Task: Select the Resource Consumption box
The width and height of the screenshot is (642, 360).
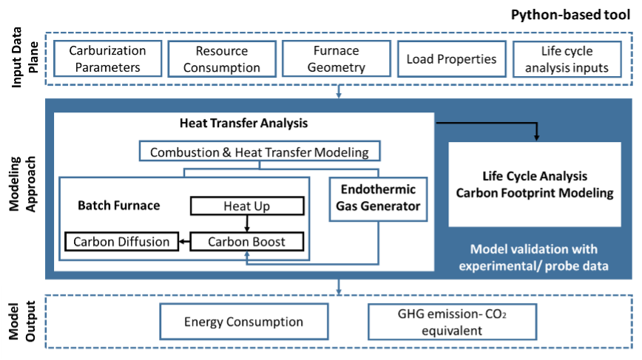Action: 221,59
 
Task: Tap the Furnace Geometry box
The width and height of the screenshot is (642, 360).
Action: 336,59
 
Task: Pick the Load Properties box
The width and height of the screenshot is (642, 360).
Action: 450,59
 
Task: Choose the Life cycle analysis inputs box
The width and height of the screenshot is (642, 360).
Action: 564,59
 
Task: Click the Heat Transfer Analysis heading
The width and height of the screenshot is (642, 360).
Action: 243,123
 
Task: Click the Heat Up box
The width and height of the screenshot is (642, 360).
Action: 246,206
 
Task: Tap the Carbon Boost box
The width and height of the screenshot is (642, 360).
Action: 246,242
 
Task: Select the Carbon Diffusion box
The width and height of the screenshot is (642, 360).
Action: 121,242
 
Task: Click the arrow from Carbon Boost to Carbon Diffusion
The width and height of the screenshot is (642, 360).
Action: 184,242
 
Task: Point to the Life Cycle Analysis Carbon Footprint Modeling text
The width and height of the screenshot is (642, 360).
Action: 535,185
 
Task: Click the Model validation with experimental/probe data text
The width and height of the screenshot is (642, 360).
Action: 534,257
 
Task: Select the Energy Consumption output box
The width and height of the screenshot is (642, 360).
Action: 243,322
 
